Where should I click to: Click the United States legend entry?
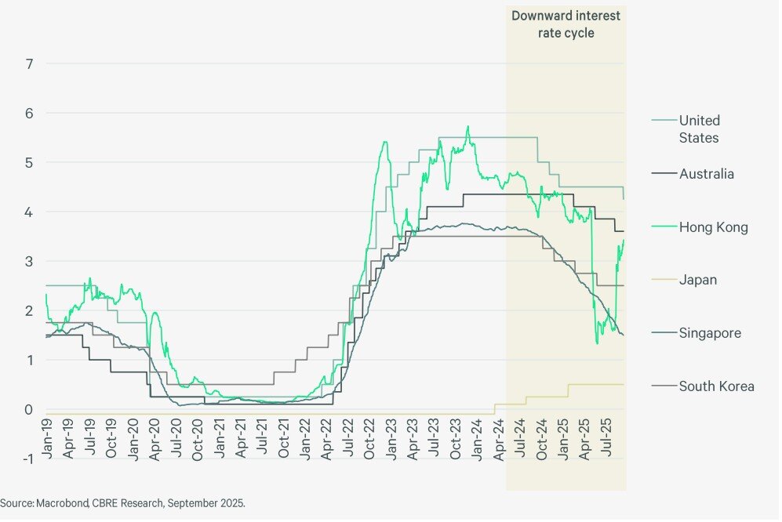699,129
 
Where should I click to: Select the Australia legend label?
706,174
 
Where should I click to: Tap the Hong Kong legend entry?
713,227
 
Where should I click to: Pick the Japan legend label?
697,280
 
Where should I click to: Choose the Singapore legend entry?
710,333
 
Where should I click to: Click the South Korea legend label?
716,386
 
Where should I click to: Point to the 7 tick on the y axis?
29,63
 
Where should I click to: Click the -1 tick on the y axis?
27,459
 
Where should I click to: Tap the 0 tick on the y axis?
29,409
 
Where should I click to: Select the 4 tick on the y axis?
29,212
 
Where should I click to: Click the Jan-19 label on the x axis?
49,438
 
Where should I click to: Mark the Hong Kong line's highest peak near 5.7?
467,126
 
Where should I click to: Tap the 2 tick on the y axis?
29,310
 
